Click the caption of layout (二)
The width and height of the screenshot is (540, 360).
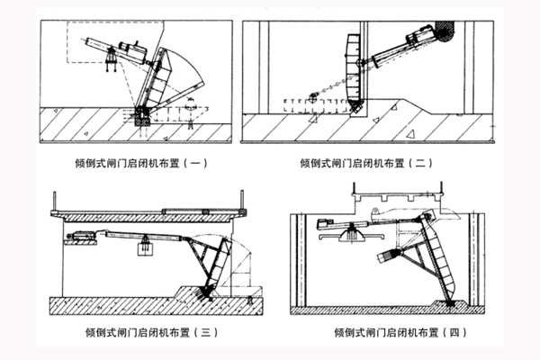click(x=367, y=164)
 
